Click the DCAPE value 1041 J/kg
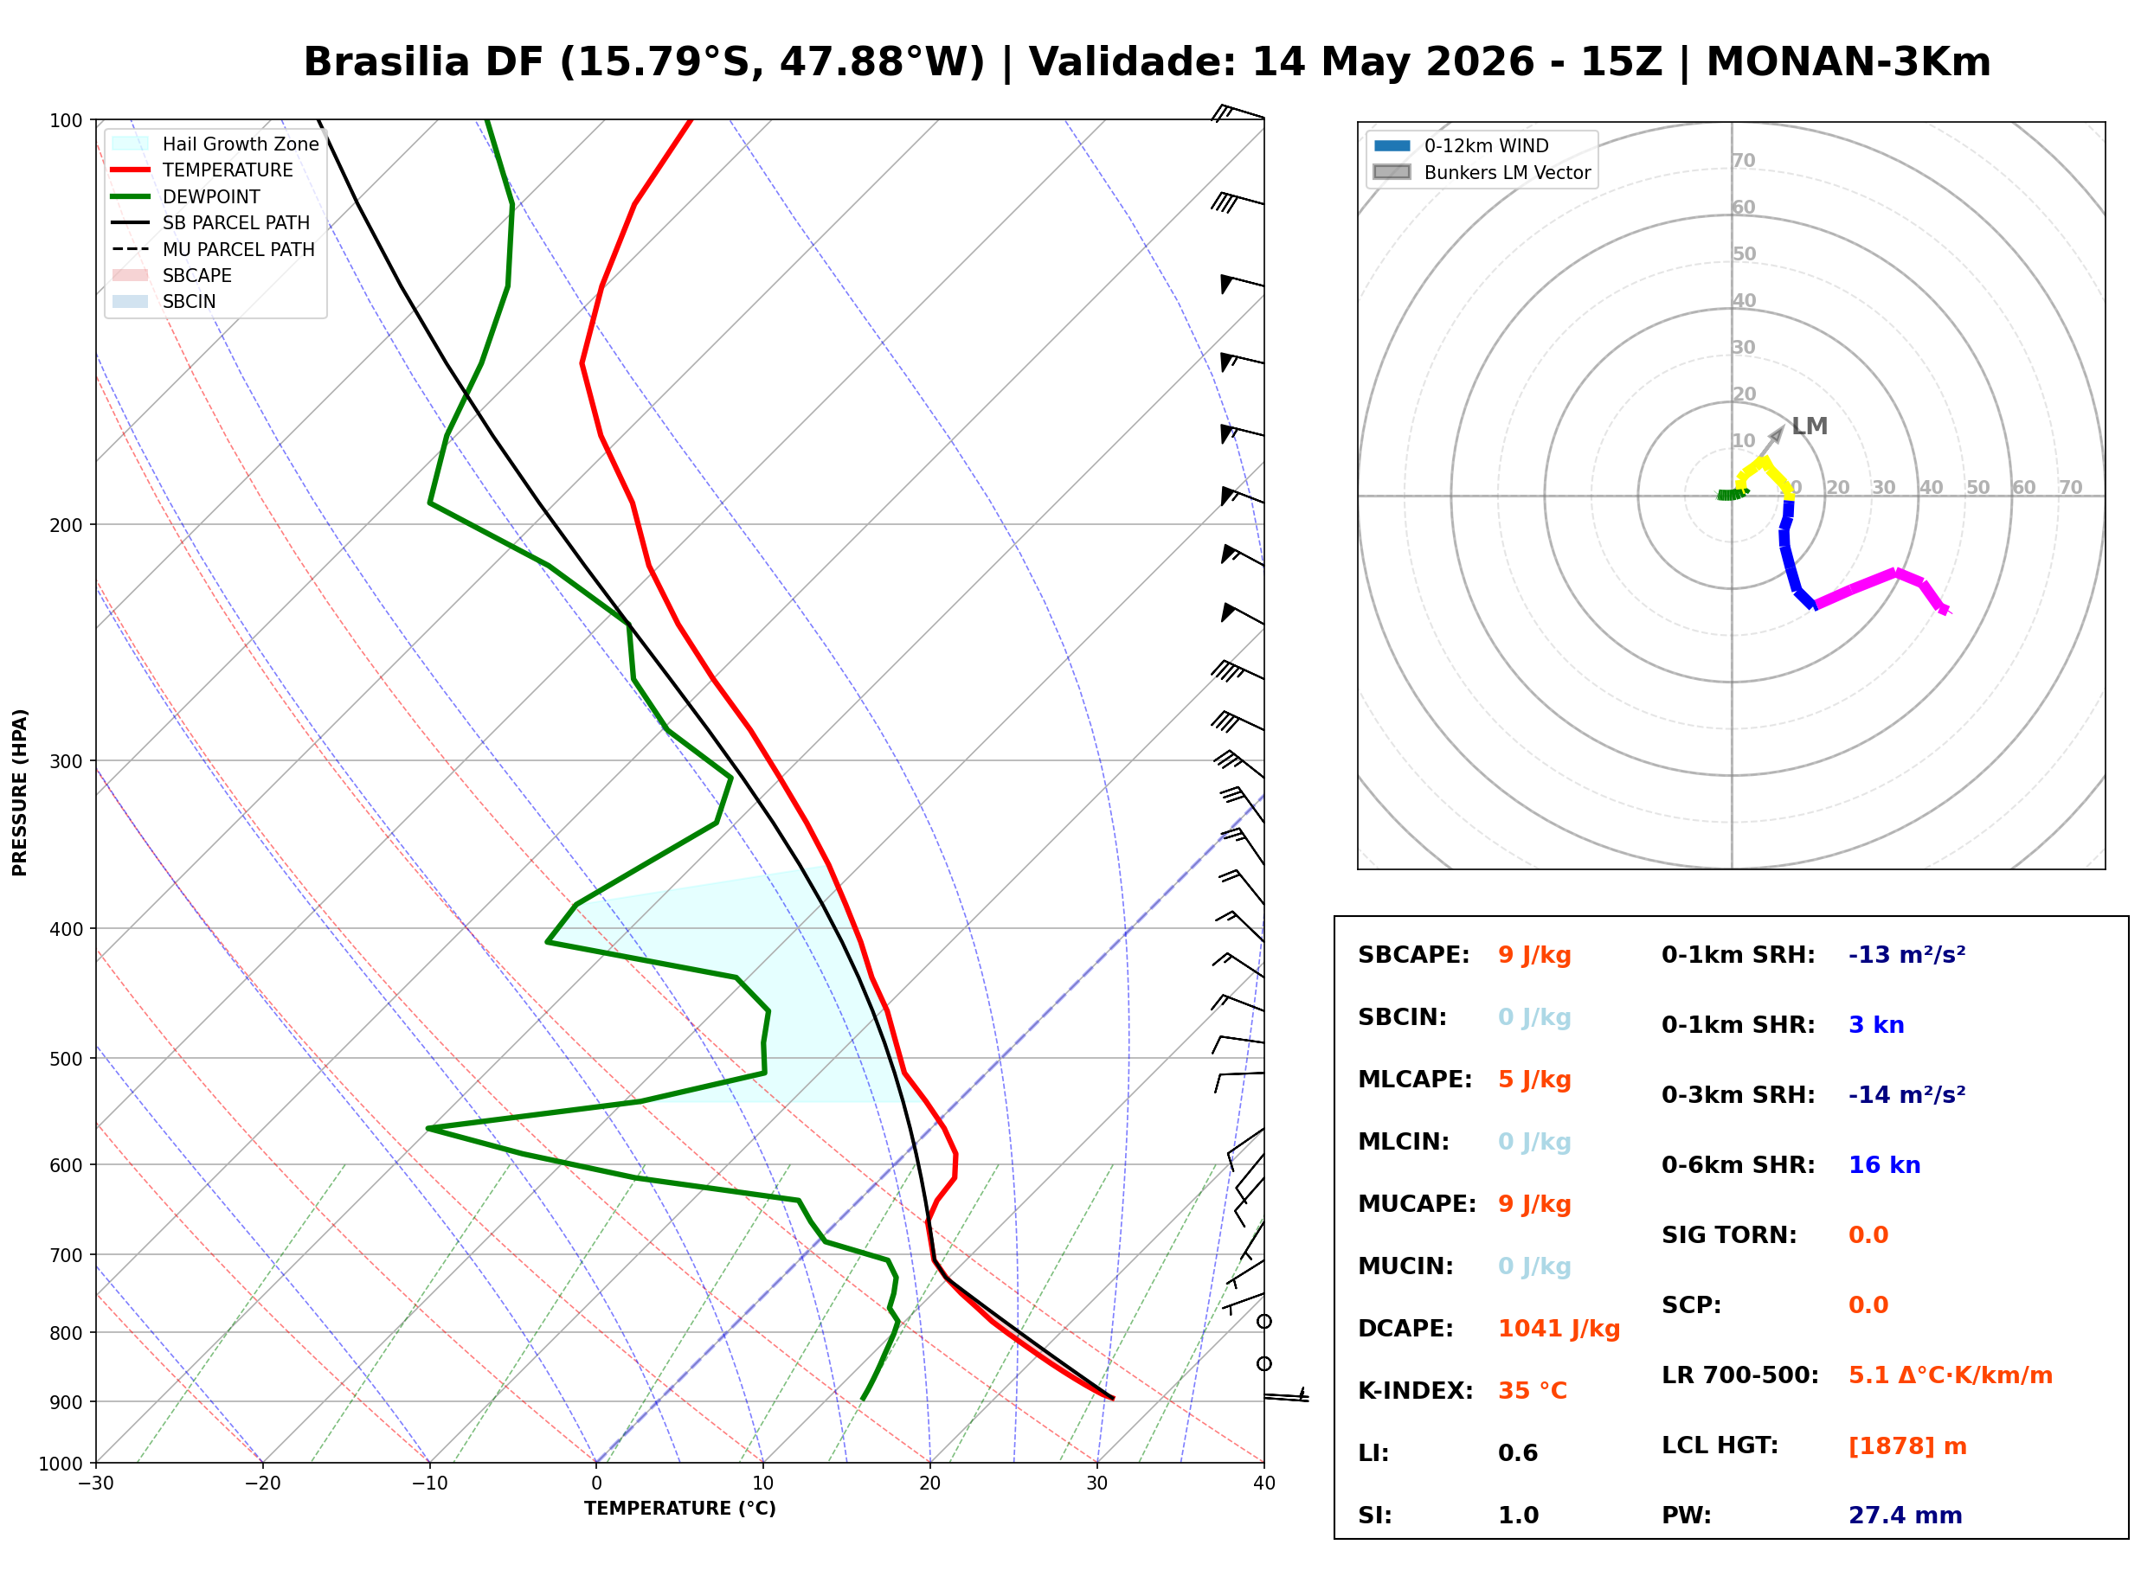(x=1559, y=1328)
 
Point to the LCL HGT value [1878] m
(x=1907, y=1446)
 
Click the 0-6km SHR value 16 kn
(x=1884, y=1165)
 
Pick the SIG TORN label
(x=1729, y=1235)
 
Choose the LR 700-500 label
(x=1739, y=1375)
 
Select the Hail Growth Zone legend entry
(x=215, y=144)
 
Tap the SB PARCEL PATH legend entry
(x=211, y=222)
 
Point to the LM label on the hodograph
(x=1810, y=426)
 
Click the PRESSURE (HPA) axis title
(x=20, y=792)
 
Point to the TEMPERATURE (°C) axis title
(x=680, y=1509)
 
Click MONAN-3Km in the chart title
(x=1848, y=62)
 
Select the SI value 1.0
(x=1518, y=1515)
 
